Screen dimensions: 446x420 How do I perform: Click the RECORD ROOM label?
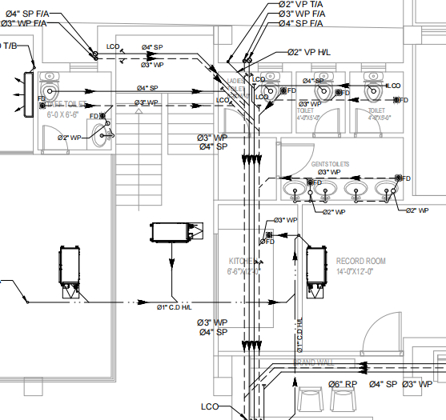[360, 261]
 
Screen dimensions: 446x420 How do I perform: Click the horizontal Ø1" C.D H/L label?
[175, 306]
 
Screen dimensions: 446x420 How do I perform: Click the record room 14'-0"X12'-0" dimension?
[361, 272]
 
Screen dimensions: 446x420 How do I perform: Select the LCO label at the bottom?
[209, 406]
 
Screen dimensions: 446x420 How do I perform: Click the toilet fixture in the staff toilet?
[50, 83]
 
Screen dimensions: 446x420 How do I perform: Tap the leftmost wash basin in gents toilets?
[295, 189]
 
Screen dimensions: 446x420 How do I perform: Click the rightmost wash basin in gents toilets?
[384, 189]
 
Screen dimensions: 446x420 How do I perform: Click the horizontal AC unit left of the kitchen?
[171, 232]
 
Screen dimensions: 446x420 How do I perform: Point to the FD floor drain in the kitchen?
[267, 240]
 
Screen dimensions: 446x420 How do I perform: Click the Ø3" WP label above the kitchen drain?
[285, 219]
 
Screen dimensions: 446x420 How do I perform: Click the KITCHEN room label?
[243, 262]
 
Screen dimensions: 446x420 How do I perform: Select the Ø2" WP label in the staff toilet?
[70, 138]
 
